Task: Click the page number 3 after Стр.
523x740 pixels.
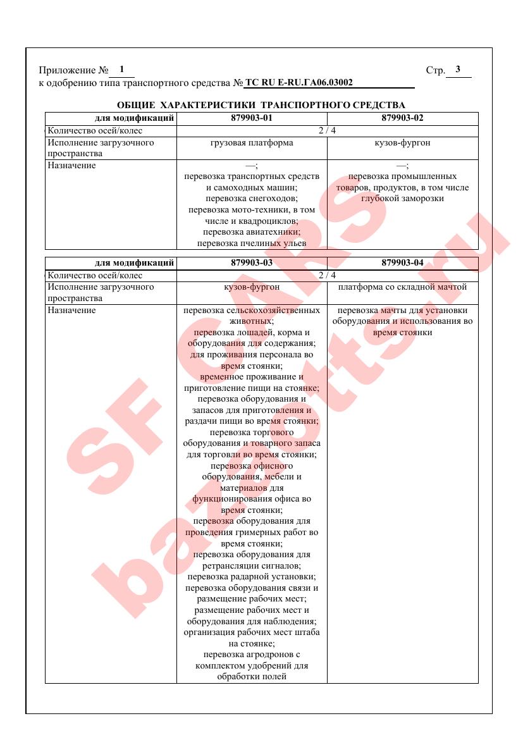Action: (458, 70)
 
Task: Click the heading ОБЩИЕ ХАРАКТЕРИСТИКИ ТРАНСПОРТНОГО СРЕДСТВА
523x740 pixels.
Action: (261, 104)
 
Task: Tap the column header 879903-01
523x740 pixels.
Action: (252, 118)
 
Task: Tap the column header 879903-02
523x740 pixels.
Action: (402, 118)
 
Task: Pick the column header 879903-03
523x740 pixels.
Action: (252, 263)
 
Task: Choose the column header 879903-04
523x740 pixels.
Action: (402, 263)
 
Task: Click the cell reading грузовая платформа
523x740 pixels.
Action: (252, 143)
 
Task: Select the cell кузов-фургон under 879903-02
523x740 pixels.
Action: (402, 143)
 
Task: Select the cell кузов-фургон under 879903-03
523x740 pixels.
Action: (252, 287)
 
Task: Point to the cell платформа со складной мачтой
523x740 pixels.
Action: (402, 287)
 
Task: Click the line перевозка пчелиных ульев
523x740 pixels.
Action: (252, 243)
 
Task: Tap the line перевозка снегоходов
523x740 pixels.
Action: (252, 199)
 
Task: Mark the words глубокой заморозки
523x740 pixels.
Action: (402, 199)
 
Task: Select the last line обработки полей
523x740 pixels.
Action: (252, 676)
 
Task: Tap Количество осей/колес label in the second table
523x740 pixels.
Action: (95, 275)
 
